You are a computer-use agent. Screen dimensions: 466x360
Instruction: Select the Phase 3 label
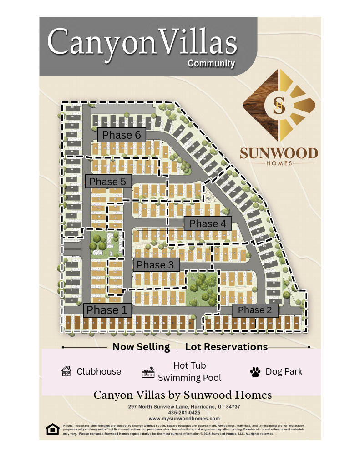pos(156,265)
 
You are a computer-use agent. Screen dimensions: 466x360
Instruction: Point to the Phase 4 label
pos(208,223)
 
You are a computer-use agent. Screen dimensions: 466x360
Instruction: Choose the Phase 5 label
pos(107,182)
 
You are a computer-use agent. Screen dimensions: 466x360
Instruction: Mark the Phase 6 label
pos(121,135)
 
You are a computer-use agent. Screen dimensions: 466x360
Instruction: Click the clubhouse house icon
pos(66,371)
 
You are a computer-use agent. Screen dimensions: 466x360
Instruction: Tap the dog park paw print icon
pos(255,372)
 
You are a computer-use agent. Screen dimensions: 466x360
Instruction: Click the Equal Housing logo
pos(52,429)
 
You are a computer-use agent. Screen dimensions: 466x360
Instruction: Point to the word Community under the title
pos(212,63)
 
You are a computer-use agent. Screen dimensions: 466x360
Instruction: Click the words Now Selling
pos(141,347)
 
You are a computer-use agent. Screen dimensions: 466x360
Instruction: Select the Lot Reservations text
pos(226,347)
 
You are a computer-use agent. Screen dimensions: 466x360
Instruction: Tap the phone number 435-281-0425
pos(184,413)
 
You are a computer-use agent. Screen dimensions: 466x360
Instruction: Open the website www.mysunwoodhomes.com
pos(184,418)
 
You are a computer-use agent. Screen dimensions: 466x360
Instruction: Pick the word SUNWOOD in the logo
pos(279,153)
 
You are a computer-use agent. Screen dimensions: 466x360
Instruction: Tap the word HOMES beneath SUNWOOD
pos(279,163)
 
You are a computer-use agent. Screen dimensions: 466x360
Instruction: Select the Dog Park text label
pos(284,371)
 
